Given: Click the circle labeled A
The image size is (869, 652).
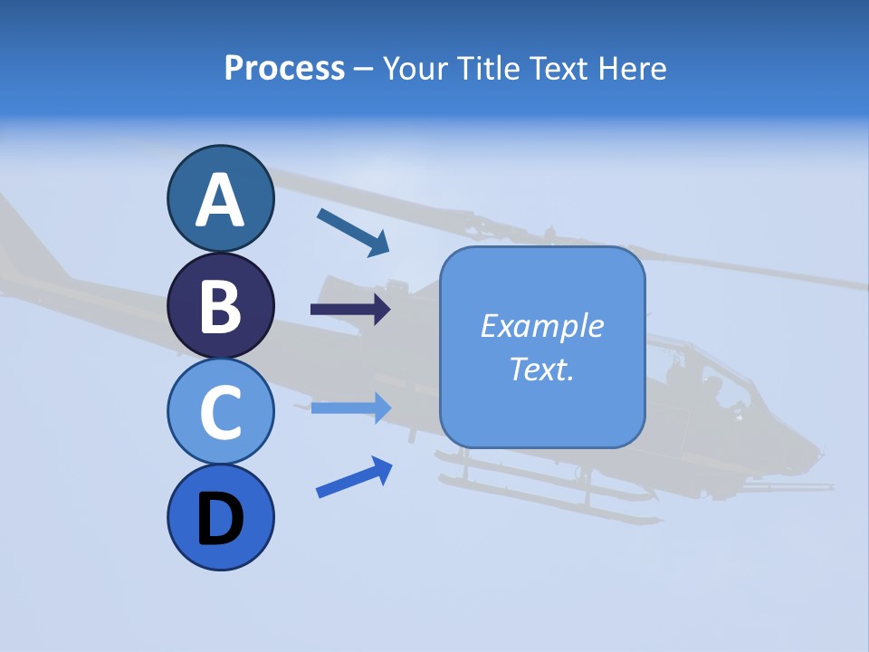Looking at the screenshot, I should point(220,198).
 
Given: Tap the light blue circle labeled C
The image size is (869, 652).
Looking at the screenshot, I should point(220,411).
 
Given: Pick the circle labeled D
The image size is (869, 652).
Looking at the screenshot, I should point(220,517).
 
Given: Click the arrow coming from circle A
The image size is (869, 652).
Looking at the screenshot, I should point(353,232).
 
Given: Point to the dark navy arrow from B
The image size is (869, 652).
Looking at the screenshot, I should point(349,310).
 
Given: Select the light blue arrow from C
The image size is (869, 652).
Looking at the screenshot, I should point(350,407).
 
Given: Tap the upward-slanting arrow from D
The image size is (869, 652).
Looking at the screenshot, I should point(354,477).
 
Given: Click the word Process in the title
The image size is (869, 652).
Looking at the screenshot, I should point(284,68).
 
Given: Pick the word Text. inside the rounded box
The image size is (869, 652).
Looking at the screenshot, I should point(541,369).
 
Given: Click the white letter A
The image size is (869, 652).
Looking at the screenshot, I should point(220,200).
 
